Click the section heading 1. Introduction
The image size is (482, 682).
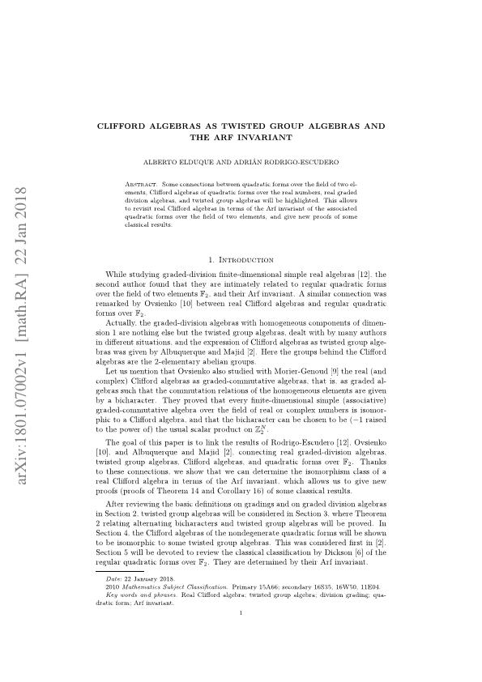pyautogui.click(x=241, y=237)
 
